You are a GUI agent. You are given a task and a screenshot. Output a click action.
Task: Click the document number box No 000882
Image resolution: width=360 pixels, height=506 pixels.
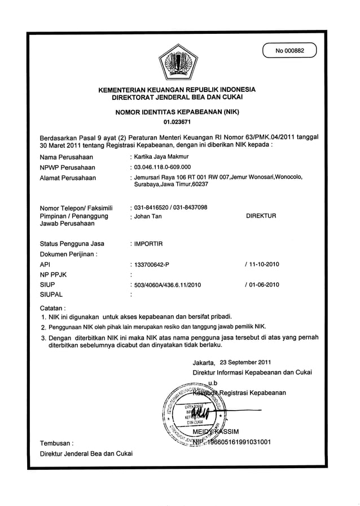click(289, 51)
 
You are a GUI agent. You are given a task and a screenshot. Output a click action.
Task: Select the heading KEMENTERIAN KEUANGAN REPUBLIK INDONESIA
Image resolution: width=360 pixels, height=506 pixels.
click(177, 90)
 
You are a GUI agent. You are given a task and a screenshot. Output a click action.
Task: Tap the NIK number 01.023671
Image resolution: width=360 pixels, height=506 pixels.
click(177, 121)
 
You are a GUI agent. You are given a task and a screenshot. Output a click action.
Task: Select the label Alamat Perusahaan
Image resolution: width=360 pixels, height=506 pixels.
click(68, 178)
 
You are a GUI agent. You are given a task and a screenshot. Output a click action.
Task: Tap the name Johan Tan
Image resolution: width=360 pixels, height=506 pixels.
click(148, 216)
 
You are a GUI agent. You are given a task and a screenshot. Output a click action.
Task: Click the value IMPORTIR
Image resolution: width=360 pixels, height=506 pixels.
click(148, 244)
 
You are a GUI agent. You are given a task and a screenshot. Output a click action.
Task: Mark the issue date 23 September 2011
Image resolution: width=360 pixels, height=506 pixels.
click(245, 362)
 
